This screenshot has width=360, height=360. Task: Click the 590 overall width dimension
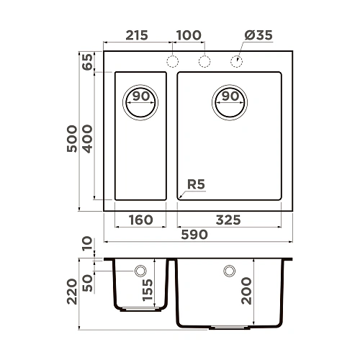pyautogui.click(x=194, y=235)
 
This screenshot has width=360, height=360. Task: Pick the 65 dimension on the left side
pyautogui.click(x=89, y=62)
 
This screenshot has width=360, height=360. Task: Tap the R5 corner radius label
pyautogui.click(x=196, y=185)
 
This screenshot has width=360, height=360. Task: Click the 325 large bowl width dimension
pyautogui.click(x=228, y=220)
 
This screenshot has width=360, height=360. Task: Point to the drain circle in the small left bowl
pyautogui.click(x=140, y=100)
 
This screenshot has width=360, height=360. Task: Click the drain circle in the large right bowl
pyautogui.click(x=229, y=100)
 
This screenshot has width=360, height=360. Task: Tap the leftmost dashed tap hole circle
pyautogui.click(x=173, y=61)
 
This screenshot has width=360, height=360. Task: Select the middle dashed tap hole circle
pyautogui.click(x=204, y=61)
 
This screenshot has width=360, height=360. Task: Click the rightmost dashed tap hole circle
pyautogui.click(x=236, y=61)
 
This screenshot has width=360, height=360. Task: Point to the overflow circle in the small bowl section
pyautogui.click(x=140, y=271)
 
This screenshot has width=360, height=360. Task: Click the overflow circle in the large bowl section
pyautogui.click(x=230, y=271)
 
